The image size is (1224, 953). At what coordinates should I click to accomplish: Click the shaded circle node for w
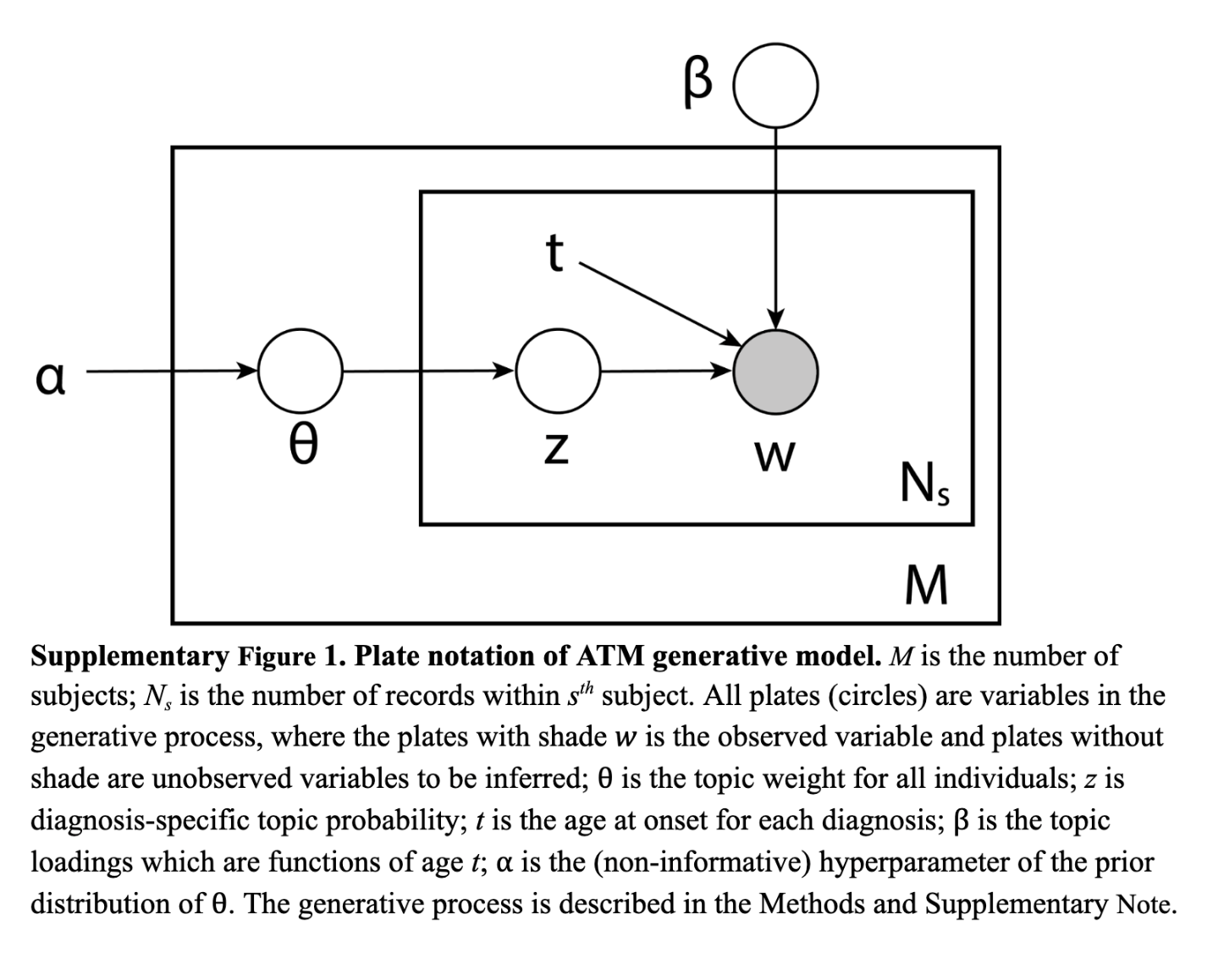775,371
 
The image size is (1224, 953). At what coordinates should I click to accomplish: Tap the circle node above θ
300,371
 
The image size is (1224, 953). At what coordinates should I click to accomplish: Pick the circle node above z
558,371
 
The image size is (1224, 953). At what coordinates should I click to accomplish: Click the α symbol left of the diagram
50,378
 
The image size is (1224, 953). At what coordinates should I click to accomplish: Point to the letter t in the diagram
554,252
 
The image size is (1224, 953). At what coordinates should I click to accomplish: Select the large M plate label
925,585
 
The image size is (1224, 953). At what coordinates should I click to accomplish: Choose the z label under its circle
554,449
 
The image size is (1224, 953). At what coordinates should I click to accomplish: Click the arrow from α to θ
169,371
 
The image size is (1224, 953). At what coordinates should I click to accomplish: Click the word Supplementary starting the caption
130,657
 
